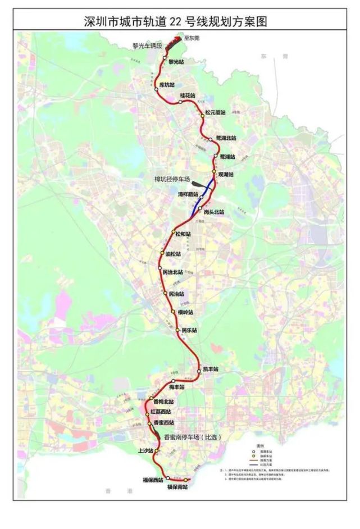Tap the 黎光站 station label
pyautogui.click(x=176, y=62)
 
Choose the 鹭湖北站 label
pyautogui.click(x=226, y=138)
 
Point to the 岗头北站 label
pyautogui.click(x=214, y=212)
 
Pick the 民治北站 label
pyautogui.click(x=172, y=272)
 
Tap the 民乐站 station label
pyautogui.click(x=189, y=331)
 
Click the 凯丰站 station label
pyautogui.click(x=211, y=369)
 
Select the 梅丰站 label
pyautogui.click(x=176, y=387)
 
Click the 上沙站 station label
pyautogui.click(x=145, y=450)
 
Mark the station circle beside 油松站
pyautogui.click(x=162, y=254)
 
